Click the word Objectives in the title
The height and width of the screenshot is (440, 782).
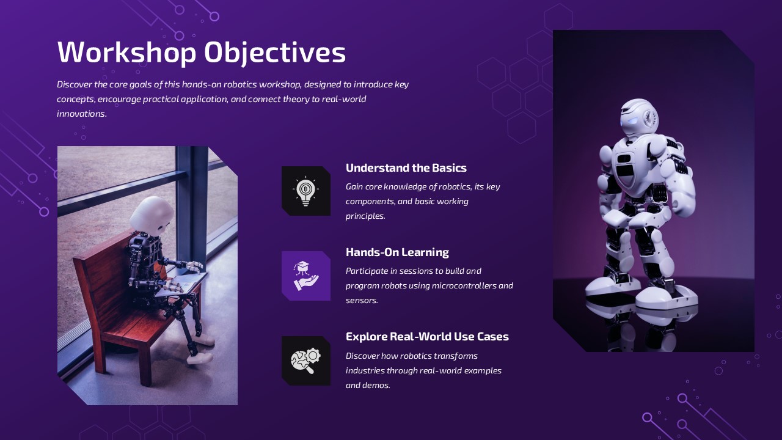(x=275, y=53)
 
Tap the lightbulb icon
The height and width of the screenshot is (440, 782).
(x=305, y=191)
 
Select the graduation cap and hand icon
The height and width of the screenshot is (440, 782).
(x=305, y=276)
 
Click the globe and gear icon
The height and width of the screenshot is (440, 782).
(x=305, y=361)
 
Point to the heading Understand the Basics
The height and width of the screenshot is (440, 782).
(x=406, y=168)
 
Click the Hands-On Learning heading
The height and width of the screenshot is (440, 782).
(x=397, y=252)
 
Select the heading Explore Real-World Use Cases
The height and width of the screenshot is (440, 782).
(x=427, y=337)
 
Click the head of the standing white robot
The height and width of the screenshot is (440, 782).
(x=638, y=116)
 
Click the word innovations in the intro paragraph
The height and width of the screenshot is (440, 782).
(x=81, y=114)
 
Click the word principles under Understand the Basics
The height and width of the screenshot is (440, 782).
(x=365, y=216)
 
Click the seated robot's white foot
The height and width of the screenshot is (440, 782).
(x=199, y=358)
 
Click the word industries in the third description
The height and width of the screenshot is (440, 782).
(x=365, y=371)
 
